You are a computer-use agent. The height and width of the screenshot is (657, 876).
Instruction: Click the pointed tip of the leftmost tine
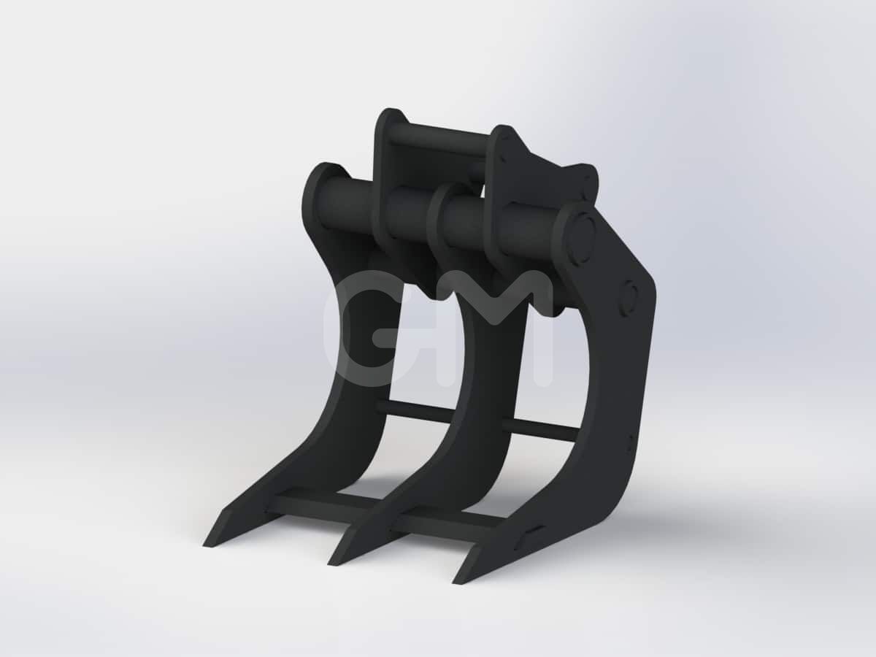(204, 545)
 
